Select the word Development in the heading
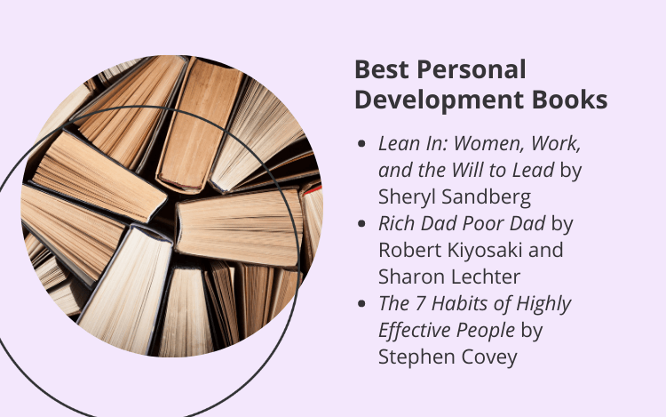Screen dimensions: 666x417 [x=440, y=100]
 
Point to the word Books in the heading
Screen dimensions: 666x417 [x=569, y=100]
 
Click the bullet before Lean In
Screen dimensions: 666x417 [x=361, y=144]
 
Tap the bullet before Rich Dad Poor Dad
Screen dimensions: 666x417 [x=361, y=223]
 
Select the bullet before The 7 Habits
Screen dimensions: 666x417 [x=361, y=303]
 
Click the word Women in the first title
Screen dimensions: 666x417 [x=489, y=144]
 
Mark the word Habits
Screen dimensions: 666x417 [x=459, y=303]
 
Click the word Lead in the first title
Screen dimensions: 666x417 [x=533, y=170]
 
